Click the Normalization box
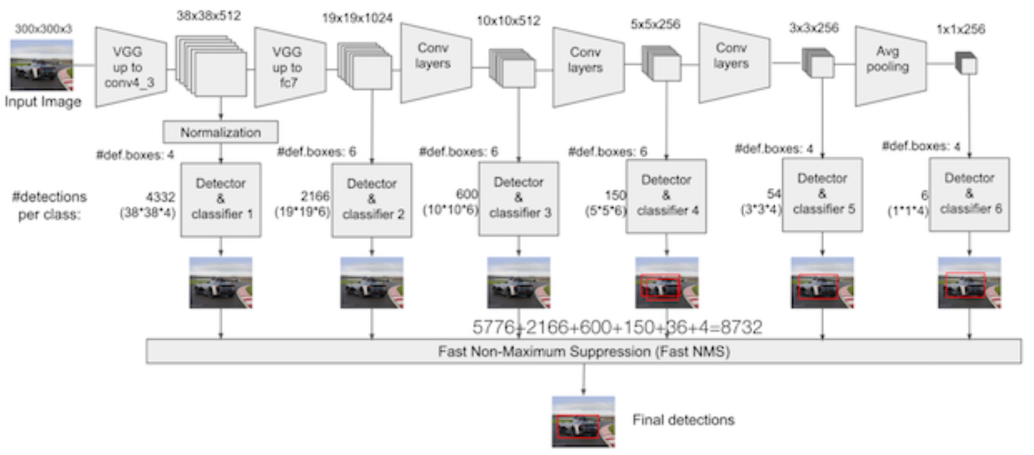[221, 132]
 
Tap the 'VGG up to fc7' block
[289, 67]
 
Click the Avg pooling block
[890, 67]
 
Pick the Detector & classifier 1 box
[221, 199]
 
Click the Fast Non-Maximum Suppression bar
[583, 351]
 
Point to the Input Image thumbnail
[42, 65]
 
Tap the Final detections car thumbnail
[583, 422]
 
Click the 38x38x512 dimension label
[209, 15]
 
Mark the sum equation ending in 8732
[617, 327]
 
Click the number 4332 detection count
[159, 197]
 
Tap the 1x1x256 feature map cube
[967, 63]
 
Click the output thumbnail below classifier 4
[667, 282]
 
